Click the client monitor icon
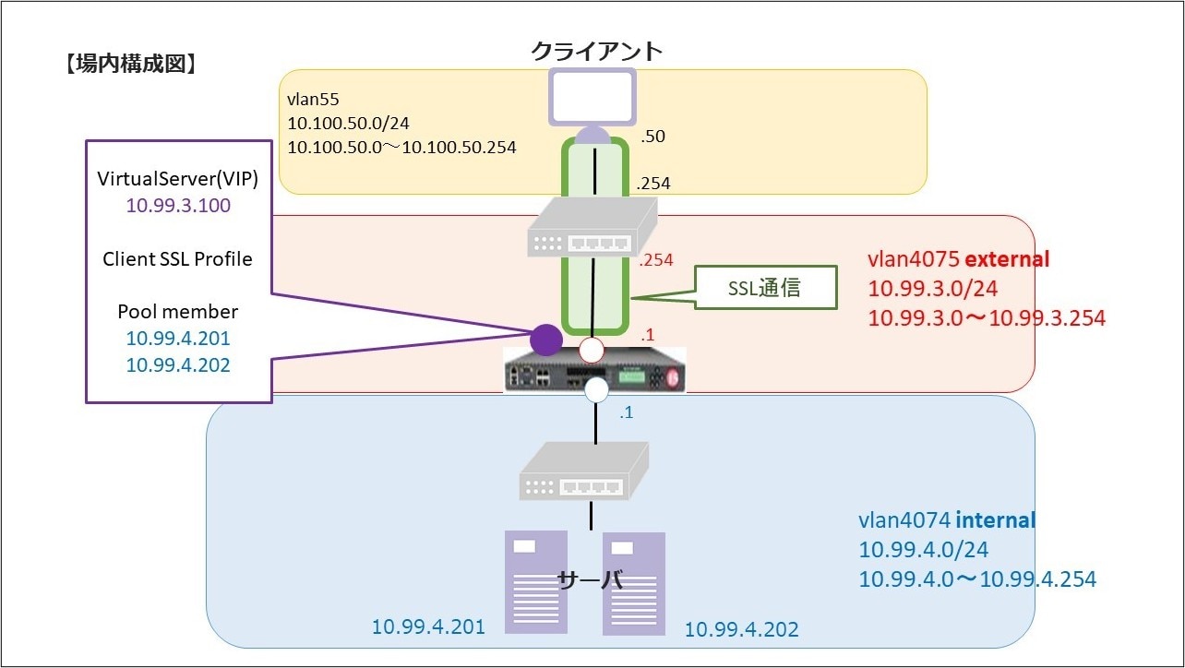pos(592,96)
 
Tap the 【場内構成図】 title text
pos(130,65)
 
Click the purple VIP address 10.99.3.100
pos(178,207)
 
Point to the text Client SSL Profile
pos(178,259)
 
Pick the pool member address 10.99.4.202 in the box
pos(178,364)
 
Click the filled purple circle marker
pos(545,340)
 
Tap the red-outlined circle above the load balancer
pos(591,351)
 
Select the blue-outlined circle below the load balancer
pos(596,390)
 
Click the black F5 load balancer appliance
pos(596,371)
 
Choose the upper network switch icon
pos(592,230)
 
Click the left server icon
pos(536,582)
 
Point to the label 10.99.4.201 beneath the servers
pos(428,627)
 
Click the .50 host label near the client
pos(652,137)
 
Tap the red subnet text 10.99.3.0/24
pos(933,289)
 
